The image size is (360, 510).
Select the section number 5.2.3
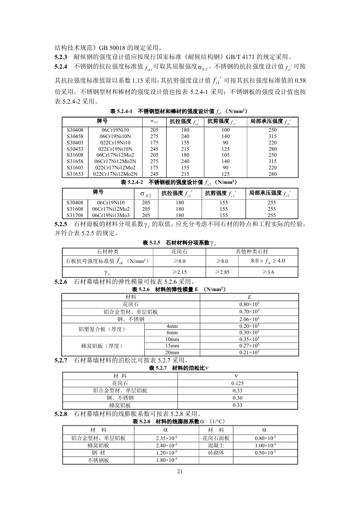pyautogui.click(x=61, y=57)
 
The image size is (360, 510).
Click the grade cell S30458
pyautogui.click(x=75, y=136)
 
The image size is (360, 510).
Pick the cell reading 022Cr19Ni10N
pyautogui.click(x=115, y=149)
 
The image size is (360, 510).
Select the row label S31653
pyautogui.click(x=75, y=174)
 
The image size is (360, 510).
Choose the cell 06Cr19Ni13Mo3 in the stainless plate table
pyautogui.click(x=111, y=215)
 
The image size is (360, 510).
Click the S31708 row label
pyautogui.click(x=75, y=215)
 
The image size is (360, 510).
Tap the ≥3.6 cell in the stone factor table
pyautogui.click(x=268, y=272)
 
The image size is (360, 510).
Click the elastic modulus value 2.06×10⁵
pyautogui.click(x=249, y=319)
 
